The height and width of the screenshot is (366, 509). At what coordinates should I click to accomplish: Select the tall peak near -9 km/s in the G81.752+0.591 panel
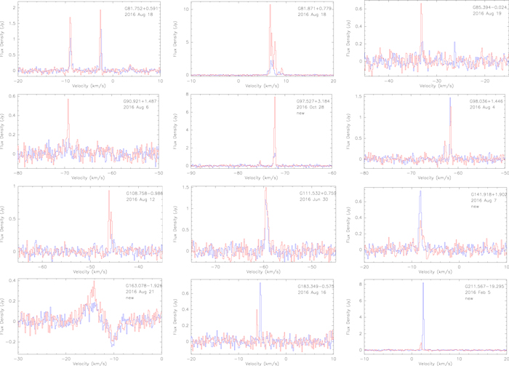[x=71, y=18]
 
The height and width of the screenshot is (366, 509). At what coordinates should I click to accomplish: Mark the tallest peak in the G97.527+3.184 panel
[x=275, y=100]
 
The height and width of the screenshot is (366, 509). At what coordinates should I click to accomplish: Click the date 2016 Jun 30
[x=314, y=199]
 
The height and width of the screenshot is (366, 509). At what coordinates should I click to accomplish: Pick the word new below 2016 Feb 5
[x=470, y=299]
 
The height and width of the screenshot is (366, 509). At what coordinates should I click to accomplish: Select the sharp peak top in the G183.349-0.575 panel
[x=260, y=283]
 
